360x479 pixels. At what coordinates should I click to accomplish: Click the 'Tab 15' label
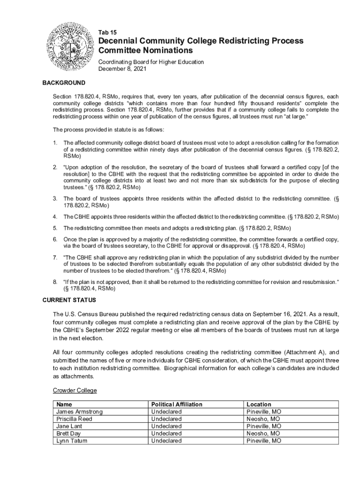click(107, 32)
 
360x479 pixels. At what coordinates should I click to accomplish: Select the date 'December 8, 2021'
click(122, 69)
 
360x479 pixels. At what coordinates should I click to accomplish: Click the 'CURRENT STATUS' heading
click(69, 300)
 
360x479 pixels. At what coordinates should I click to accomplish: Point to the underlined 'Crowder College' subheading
click(75, 391)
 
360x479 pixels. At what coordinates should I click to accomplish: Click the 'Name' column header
click(64, 404)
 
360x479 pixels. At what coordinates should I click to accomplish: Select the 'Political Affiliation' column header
click(177, 404)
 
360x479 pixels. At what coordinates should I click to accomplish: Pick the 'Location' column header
click(259, 404)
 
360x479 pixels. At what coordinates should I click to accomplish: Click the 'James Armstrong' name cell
click(79, 412)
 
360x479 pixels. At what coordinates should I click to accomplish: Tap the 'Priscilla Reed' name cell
click(74, 419)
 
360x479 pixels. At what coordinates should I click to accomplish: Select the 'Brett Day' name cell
click(69, 434)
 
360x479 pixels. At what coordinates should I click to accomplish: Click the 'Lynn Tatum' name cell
click(72, 441)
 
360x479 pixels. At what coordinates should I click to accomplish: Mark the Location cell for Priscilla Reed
click(263, 419)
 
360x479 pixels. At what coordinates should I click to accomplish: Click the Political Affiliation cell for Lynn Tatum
click(166, 441)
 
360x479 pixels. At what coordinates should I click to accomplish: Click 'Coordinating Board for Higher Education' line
click(151, 62)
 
